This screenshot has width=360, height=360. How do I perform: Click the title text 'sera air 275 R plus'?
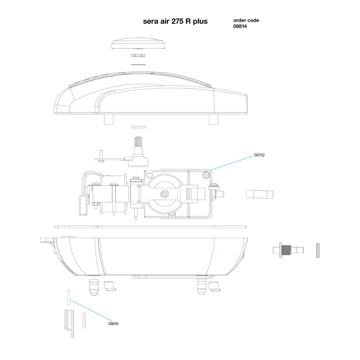point(175,21)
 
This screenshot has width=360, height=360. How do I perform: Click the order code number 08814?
point(240,26)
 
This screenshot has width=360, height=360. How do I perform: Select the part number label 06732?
point(259,155)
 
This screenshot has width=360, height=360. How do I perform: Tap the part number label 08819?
point(113,324)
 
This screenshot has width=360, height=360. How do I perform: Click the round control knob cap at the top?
point(138,43)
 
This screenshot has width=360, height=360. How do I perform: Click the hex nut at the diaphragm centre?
point(165,194)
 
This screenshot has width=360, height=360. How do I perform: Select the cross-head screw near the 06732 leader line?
point(206,176)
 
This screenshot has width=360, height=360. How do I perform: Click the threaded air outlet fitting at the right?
point(288,250)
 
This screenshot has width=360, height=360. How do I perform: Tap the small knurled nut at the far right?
point(318,251)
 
